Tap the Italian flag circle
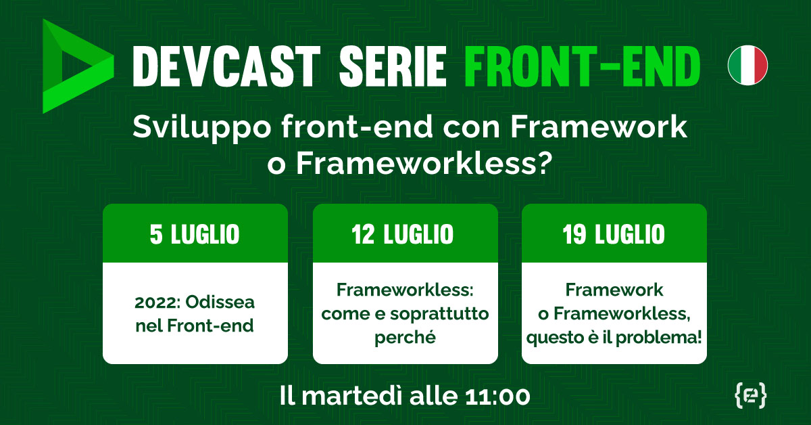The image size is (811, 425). (x=747, y=66)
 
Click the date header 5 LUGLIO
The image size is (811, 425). (x=195, y=235)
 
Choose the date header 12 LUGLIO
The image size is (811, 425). (x=405, y=235)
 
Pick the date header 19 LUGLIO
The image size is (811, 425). (x=614, y=235)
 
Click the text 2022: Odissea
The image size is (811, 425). (x=195, y=302)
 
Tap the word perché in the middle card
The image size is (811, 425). (x=405, y=336)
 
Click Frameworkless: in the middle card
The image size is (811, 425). (x=405, y=291)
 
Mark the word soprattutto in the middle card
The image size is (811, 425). (x=442, y=314)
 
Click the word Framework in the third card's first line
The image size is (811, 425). (x=614, y=291)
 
